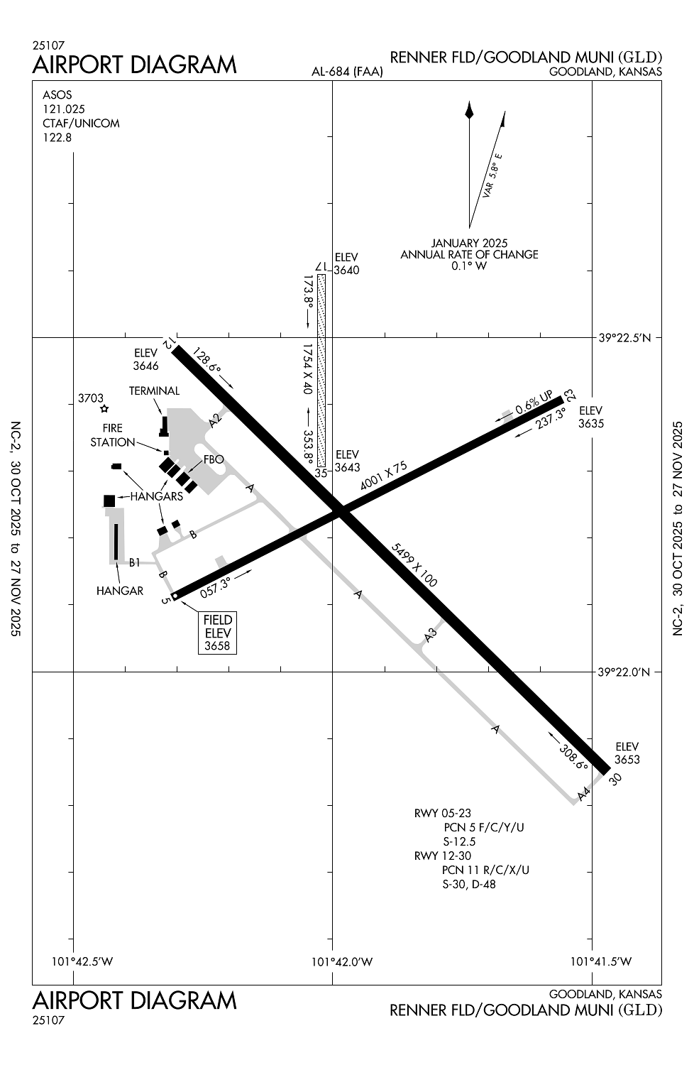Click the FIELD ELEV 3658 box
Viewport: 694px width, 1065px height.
(218, 633)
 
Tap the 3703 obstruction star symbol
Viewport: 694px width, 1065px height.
(104, 409)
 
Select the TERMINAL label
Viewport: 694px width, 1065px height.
(154, 391)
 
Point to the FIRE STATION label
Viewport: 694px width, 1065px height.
(112, 435)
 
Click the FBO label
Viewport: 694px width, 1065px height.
(214, 459)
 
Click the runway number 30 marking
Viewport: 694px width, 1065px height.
(616, 778)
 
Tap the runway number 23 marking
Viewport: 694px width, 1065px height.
(569, 395)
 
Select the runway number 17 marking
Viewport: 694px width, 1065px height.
(321, 267)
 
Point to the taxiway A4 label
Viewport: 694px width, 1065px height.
(584, 794)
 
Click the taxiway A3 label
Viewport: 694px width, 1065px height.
(430, 635)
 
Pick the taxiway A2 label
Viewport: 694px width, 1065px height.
(216, 421)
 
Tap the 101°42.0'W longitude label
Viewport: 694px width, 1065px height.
(342, 962)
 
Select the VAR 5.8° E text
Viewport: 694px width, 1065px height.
(492, 175)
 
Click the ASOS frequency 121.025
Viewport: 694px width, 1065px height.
(64, 109)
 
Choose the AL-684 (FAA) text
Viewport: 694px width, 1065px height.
(347, 72)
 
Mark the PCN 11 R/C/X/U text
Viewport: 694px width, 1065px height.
(485, 870)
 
